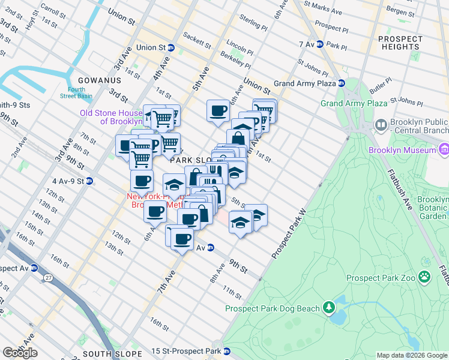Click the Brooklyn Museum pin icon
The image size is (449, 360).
[444, 149]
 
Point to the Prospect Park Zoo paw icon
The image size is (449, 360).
[424, 277]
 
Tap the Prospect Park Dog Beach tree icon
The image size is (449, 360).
[328, 308]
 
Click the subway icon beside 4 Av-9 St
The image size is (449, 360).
[89, 180]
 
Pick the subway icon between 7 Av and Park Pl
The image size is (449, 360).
[320, 44]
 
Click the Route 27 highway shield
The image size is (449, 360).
[47, 277]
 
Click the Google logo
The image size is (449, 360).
[20, 352]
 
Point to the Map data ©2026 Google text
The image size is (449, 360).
[411, 355]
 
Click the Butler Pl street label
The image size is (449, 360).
[381, 87]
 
